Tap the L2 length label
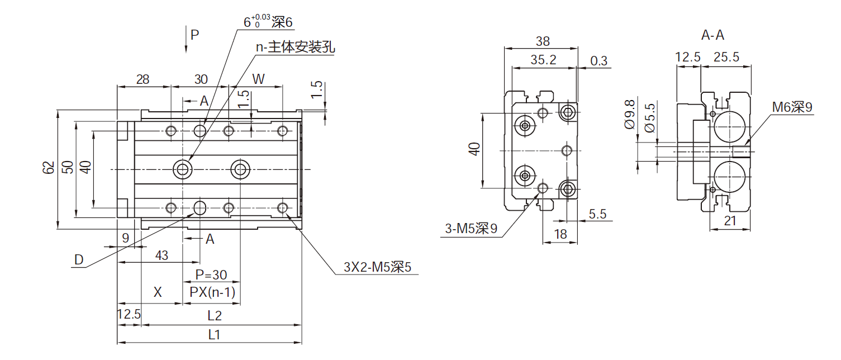(215, 316)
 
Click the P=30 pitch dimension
(211, 275)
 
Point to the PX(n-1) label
(212, 292)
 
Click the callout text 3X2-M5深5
(378, 267)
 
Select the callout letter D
(79, 259)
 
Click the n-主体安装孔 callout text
(295, 48)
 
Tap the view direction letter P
(194, 35)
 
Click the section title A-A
(712, 35)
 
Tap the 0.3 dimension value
(598, 61)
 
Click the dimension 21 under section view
(730, 221)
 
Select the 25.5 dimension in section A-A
(726, 57)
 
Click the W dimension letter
(258, 79)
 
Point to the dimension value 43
(161, 255)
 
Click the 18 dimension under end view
(559, 234)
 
